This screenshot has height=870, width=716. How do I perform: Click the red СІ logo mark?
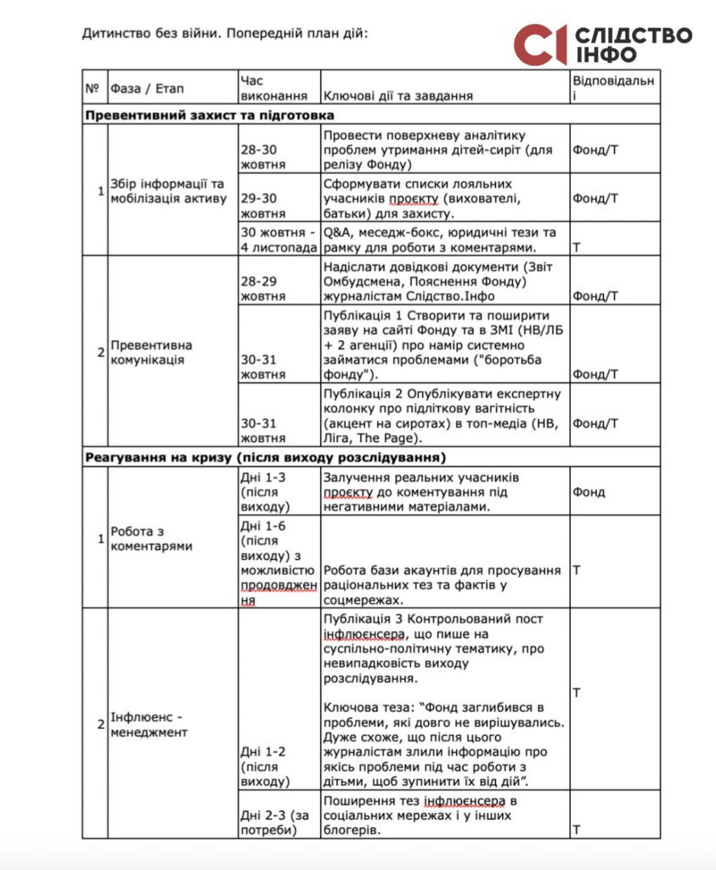click(x=539, y=45)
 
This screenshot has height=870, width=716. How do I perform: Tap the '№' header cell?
click(x=92, y=88)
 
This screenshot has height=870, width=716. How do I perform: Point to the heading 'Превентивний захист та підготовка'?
click(x=208, y=115)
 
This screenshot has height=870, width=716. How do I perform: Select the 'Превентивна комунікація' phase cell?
click(x=151, y=352)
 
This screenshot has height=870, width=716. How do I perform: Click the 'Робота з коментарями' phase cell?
click(x=151, y=539)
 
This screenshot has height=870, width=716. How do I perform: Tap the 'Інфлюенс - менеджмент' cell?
click(x=149, y=723)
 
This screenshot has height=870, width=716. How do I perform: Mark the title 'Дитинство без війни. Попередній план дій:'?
click(x=226, y=34)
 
